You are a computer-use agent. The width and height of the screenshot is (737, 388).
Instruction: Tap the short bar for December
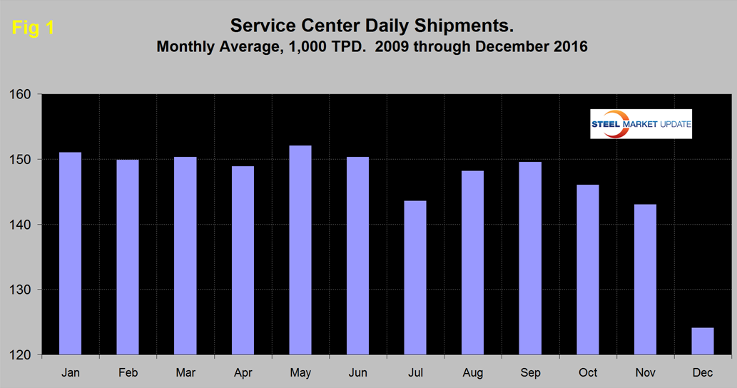(x=703, y=341)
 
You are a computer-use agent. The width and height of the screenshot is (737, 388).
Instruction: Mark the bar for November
(x=645, y=280)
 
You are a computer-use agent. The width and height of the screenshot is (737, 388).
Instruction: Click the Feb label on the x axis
(x=128, y=372)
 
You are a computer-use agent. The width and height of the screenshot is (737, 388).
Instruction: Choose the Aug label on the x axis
(x=472, y=372)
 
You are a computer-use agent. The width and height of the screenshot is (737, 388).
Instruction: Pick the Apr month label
(x=243, y=372)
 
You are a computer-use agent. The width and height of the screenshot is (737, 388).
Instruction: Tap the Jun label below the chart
(x=357, y=372)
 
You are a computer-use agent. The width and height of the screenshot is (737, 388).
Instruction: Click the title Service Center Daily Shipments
(x=372, y=26)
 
